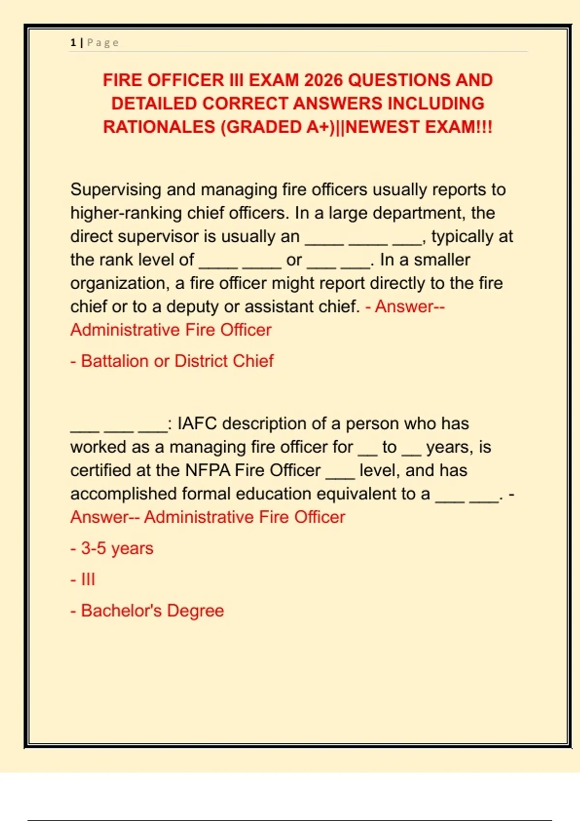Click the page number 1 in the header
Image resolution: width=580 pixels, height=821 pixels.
73,42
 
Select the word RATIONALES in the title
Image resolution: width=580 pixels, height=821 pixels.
159,127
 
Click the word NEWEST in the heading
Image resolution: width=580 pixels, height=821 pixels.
383,127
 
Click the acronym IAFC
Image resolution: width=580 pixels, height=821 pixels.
197,424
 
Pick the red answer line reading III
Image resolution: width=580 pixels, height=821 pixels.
88,579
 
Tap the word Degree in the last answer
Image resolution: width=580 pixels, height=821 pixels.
196,610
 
